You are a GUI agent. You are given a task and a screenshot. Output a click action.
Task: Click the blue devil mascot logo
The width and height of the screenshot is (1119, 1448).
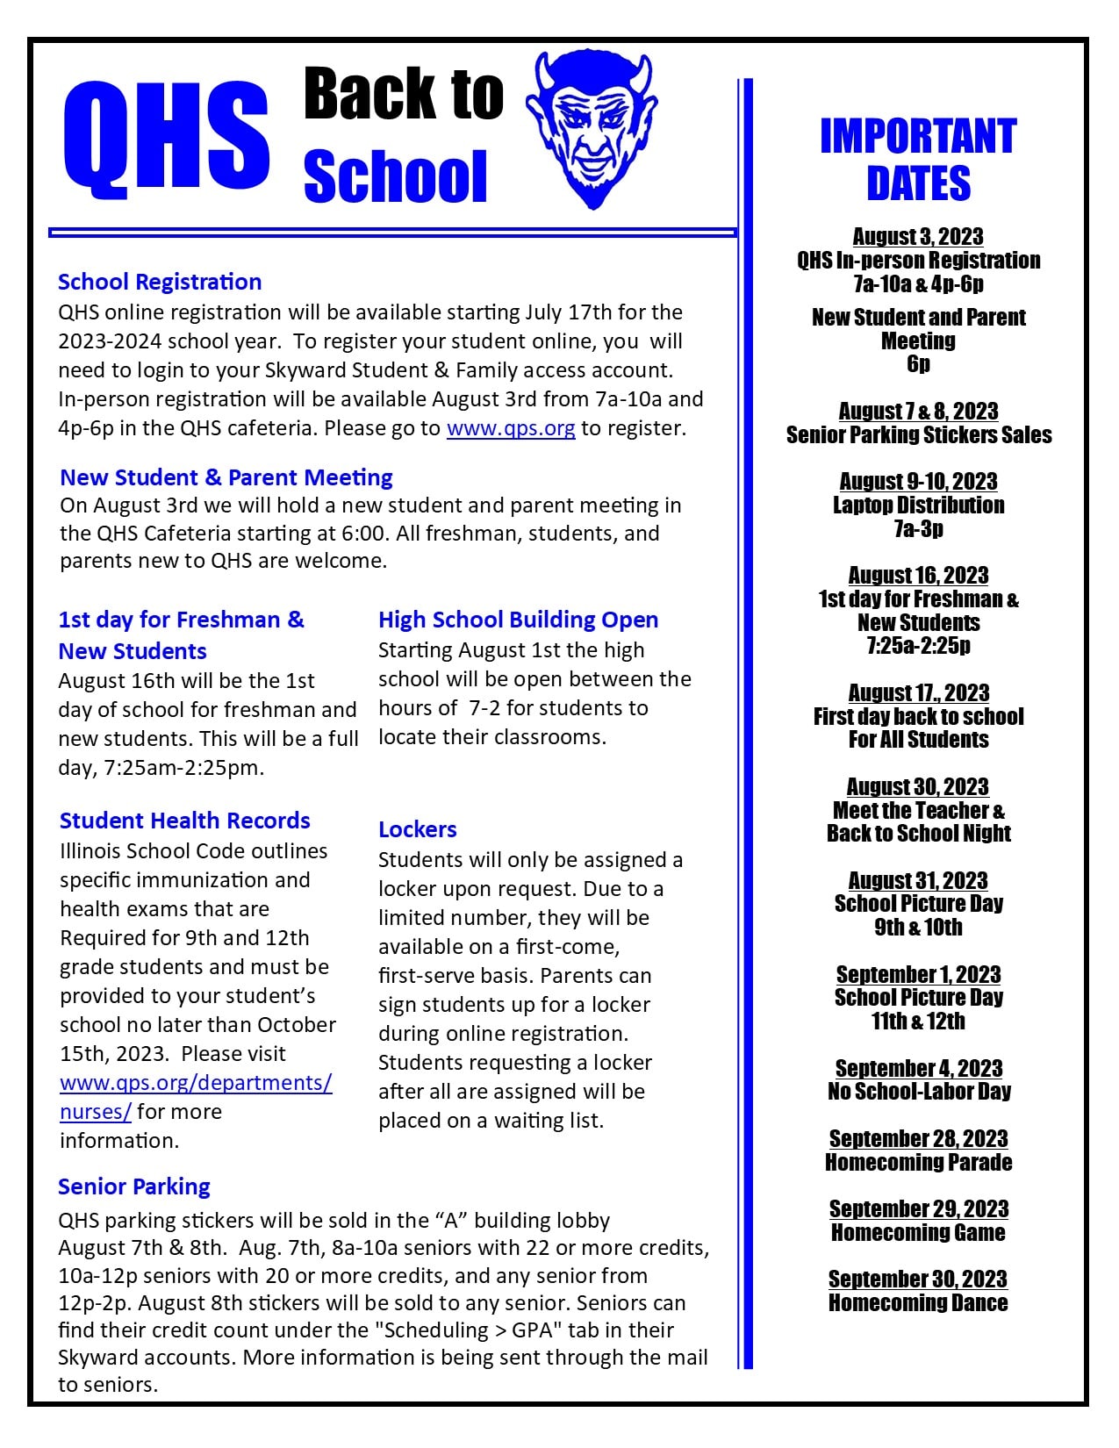pos(592,130)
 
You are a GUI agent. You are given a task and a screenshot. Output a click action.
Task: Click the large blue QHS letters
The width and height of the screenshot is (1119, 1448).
pos(167,136)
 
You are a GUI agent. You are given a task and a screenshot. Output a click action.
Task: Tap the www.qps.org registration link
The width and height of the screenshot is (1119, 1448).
pos(511,428)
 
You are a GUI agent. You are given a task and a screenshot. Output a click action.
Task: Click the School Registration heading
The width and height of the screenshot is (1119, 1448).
pos(160,282)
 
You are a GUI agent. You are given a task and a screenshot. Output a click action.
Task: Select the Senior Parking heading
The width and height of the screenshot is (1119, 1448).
pos(134,1186)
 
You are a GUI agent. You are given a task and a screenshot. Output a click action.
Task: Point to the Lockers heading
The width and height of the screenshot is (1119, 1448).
pos(417,829)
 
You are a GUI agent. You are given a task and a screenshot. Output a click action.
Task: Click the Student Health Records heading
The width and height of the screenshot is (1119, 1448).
pos(185,821)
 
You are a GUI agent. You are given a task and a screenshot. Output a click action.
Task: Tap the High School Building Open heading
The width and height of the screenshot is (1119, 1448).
pos(518,620)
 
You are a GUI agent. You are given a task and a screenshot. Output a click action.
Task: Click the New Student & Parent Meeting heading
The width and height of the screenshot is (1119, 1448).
pos(226,477)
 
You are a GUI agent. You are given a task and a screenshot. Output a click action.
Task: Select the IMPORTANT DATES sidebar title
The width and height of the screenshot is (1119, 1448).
pos(918,160)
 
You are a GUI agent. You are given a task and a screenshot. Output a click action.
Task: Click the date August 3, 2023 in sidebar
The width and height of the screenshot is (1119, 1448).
pos(918,237)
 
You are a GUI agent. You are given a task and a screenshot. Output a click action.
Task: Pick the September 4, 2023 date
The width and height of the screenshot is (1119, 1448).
pos(918,1068)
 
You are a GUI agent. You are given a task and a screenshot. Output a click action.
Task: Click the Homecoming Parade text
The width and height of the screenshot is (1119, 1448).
pos(918,1163)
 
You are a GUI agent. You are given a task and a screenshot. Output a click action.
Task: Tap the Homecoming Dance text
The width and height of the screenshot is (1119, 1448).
pos(918,1303)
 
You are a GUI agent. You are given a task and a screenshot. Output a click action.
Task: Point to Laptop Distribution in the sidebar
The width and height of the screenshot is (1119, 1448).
pos(918,505)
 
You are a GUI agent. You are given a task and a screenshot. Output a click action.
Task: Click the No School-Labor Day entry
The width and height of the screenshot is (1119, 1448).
pos(918,1092)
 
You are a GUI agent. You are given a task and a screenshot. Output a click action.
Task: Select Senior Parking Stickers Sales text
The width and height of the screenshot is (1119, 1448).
pos(918,435)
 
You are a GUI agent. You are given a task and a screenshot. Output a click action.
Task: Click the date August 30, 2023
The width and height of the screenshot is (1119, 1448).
pos(918,786)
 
